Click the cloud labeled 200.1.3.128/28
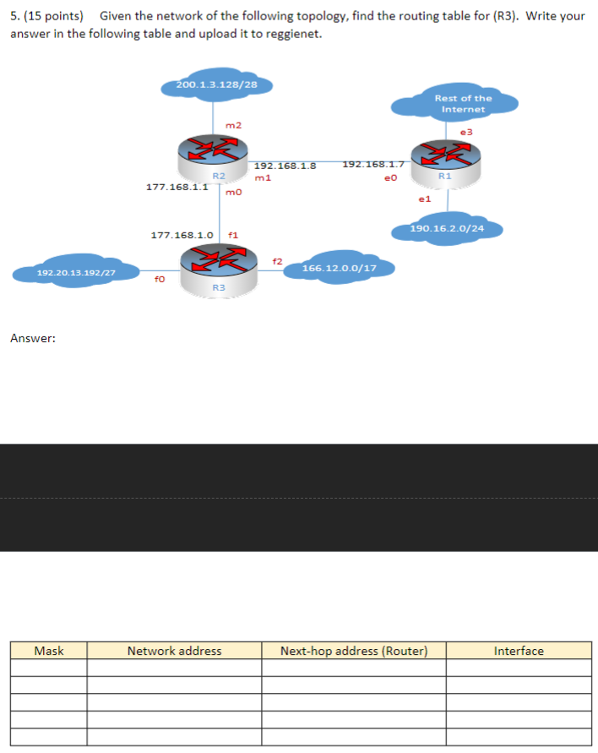(216, 85)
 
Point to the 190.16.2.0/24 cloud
(447, 227)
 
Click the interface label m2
(233, 125)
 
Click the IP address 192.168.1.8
(285, 166)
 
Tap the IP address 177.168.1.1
(177, 187)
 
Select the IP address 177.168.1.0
(181, 235)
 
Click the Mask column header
(49, 651)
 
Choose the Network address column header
(174, 651)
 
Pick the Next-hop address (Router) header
(354, 651)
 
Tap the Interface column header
(519, 651)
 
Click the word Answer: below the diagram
(33, 338)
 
